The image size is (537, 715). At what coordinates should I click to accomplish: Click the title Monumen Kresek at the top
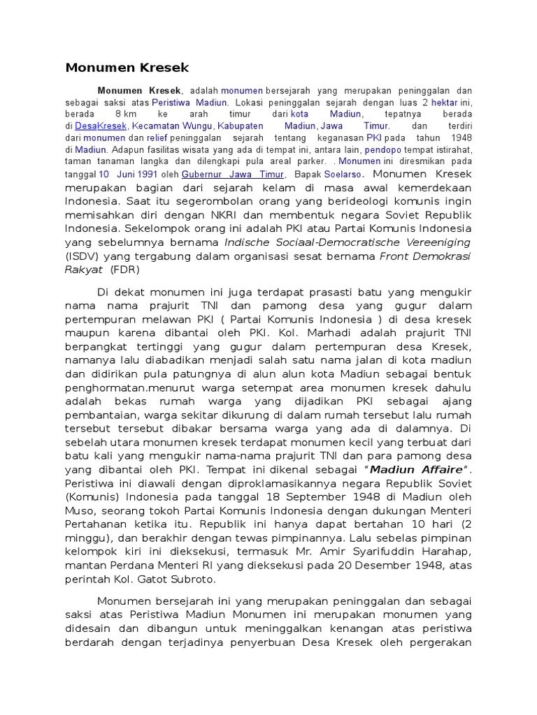tap(127, 68)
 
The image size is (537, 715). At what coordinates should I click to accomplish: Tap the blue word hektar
tap(444, 102)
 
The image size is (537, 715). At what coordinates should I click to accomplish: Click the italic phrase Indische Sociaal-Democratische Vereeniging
tap(348, 242)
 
